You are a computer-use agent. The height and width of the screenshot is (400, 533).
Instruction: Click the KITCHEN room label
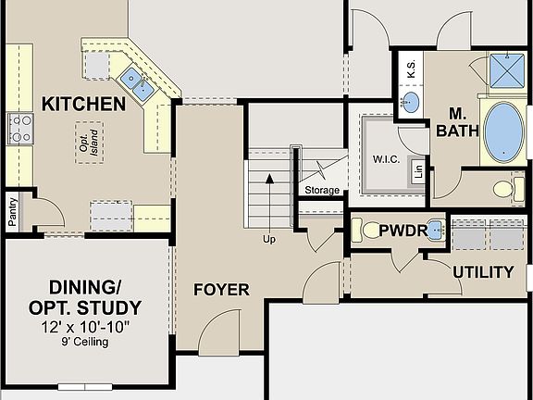coord(83,104)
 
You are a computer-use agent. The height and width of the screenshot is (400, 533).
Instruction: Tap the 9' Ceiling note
coord(84,343)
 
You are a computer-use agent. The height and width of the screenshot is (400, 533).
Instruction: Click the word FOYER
coord(221,290)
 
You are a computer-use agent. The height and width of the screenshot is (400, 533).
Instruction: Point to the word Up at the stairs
coord(269,239)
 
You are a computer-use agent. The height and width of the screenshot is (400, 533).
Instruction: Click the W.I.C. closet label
coord(386,158)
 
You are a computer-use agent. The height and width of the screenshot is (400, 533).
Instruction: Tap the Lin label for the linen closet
coord(418,171)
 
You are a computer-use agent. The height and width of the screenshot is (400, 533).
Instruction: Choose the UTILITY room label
coord(482,271)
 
